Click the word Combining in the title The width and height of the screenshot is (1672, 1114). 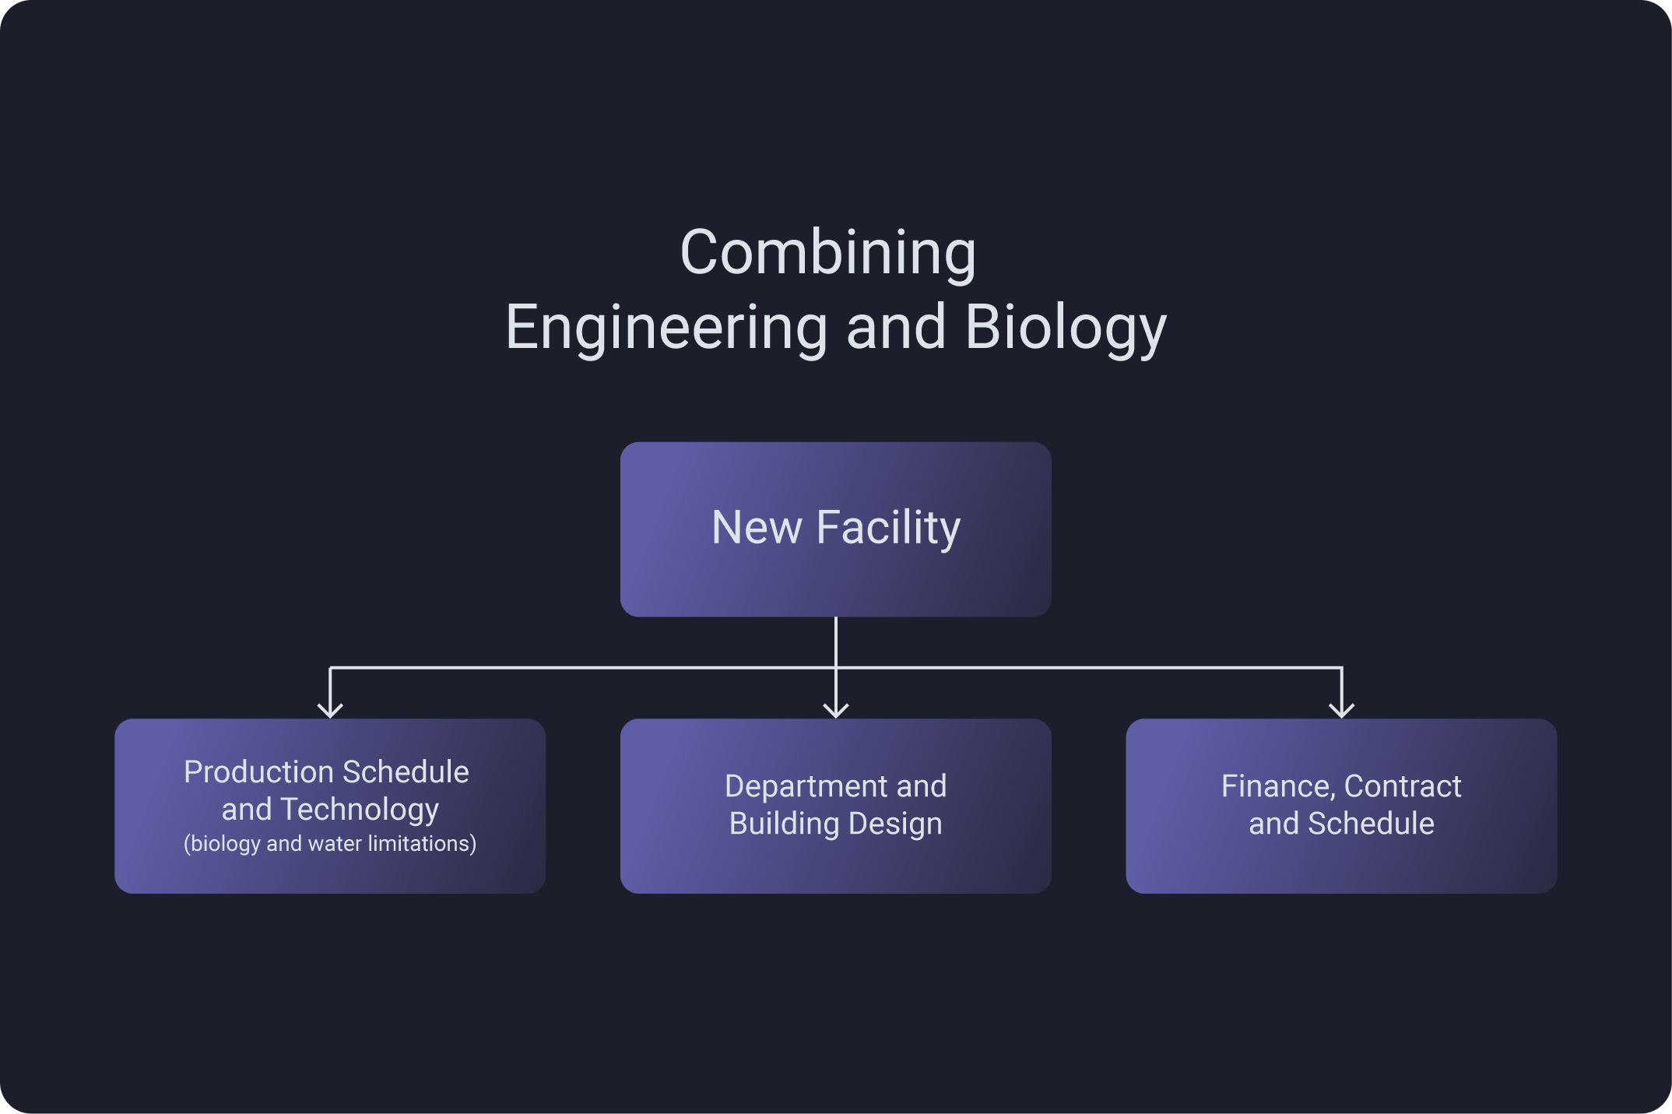pos(827,253)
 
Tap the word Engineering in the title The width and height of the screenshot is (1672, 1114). pos(666,328)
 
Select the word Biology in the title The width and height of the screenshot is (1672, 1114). pos(1066,328)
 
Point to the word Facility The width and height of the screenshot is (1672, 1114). pos(888,529)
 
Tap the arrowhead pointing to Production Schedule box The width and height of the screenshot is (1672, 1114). pos(330,709)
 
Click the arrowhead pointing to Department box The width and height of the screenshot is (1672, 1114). pos(836,709)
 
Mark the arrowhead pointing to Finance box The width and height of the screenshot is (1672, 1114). pos(1341,709)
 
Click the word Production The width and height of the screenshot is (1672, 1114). pos(259,772)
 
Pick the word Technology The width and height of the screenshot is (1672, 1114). pos(360,810)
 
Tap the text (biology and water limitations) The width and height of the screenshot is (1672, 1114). pos(330,844)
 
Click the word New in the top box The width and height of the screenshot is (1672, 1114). pos(756,529)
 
